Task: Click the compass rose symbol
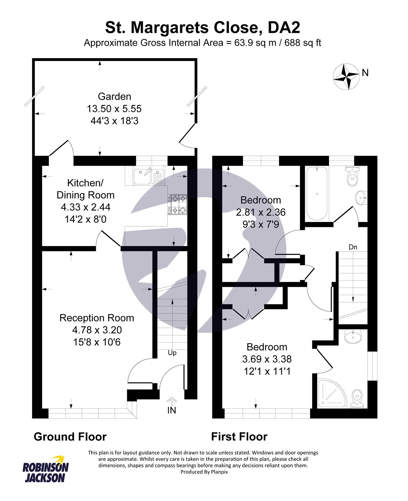coord(346,76)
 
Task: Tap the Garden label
coord(114,96)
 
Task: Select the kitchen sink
coord(149,176)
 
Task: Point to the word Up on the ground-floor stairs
coord(172,353)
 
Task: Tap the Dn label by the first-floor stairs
coord(353,247)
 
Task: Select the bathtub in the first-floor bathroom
coord(317,194)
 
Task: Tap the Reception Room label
coord(97,318)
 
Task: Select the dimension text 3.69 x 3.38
coord(267,359)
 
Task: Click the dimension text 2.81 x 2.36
coord(261,212)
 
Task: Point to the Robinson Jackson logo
coord(45,469)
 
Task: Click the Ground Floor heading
coord(70,436)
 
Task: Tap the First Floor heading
coord(239,436)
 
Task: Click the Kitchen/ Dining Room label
coord(85,189)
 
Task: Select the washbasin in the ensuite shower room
coord(353,336)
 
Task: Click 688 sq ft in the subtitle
coord(303,43)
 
